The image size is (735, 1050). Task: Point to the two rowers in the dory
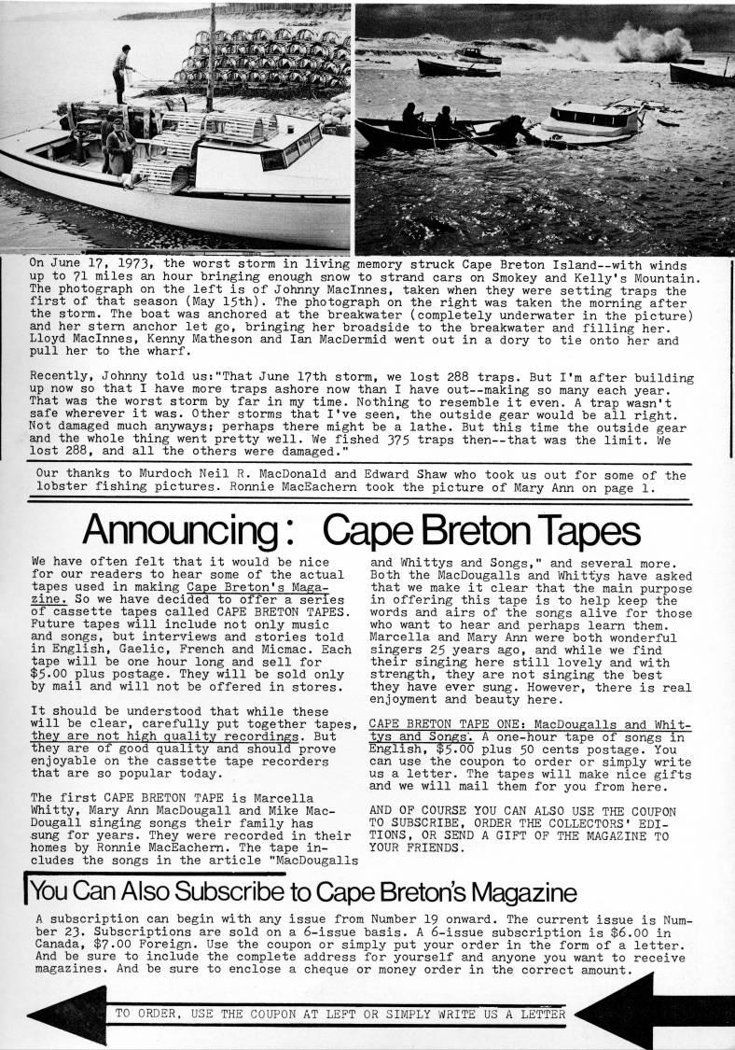point(425,120)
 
